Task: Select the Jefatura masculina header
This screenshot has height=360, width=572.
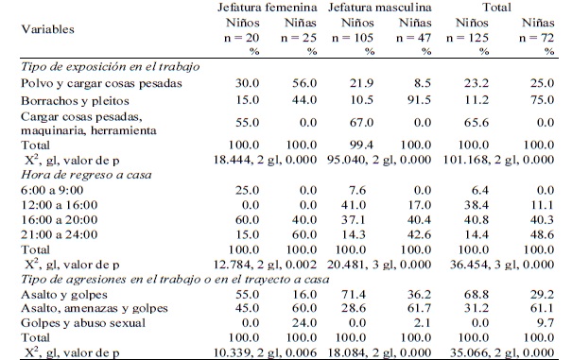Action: pyautogui.click(x=380, y=9)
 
